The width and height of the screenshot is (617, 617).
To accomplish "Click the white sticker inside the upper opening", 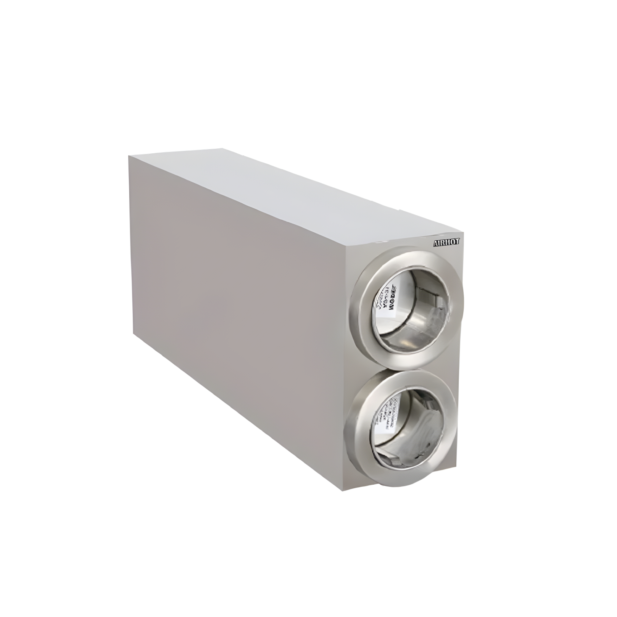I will [391, 300].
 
